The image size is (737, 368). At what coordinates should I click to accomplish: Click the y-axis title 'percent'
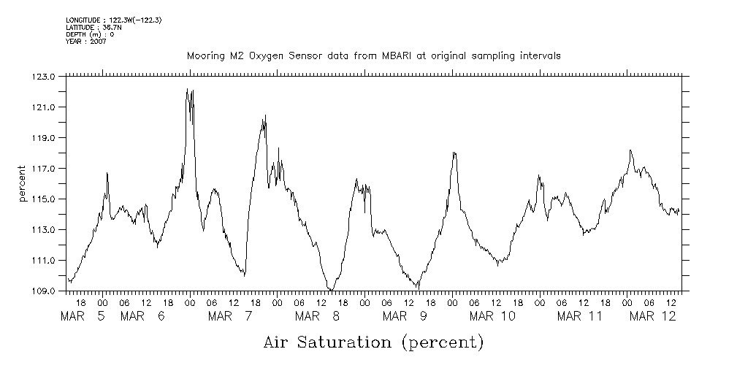click(x=23, y=184)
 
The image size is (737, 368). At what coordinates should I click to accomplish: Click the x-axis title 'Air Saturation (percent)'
click(x=373, y=342)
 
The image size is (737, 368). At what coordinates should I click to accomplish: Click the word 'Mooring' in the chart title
click(x=205, y=55)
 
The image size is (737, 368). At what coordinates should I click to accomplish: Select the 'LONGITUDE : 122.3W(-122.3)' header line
click(x=113, y=20)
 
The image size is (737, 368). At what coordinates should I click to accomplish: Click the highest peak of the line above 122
click(x=188, y=89)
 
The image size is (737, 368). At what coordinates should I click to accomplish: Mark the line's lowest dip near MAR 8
click(x=330, y=290)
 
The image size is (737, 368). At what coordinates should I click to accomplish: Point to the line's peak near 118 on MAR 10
click(x=454, y=152)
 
